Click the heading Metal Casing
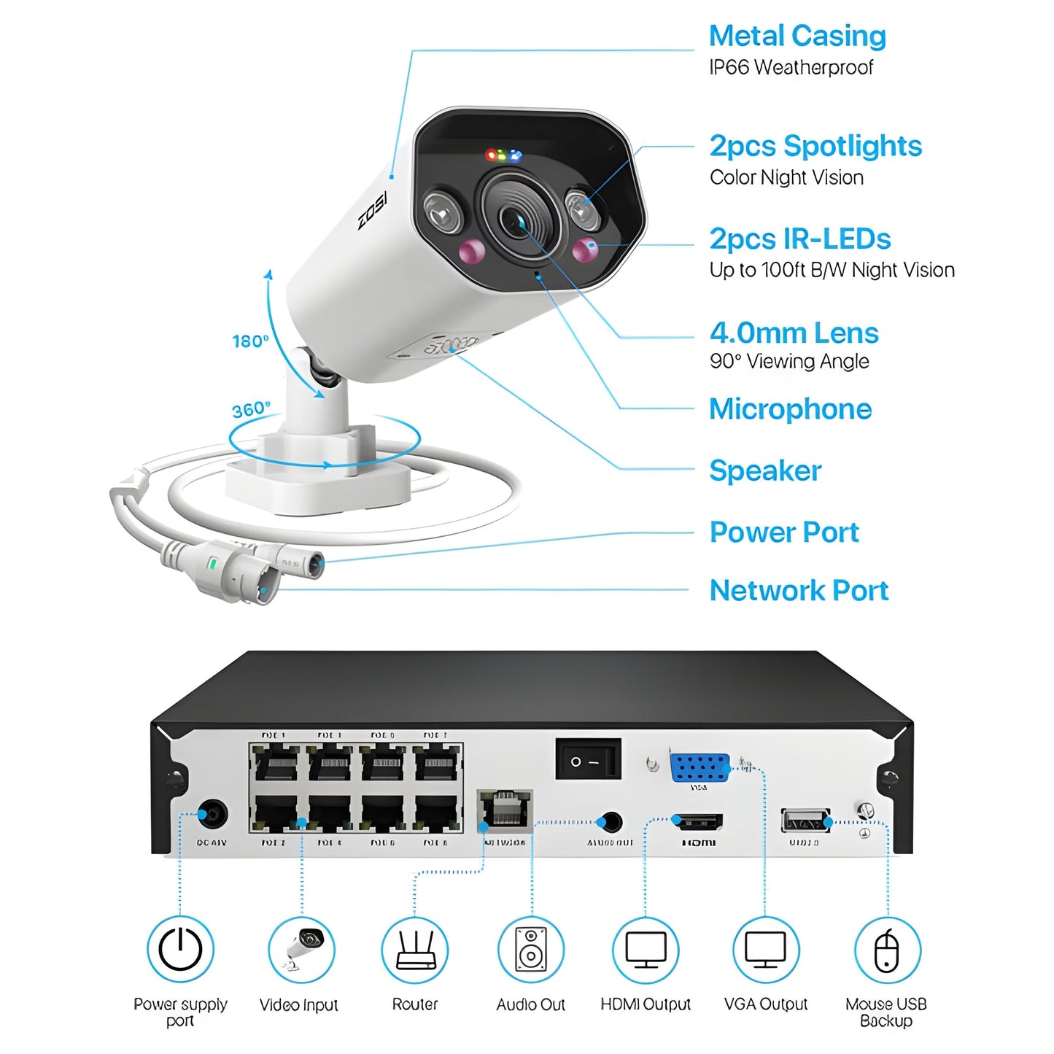797,36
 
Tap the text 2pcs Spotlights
815,146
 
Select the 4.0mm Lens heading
794,333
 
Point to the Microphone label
790,409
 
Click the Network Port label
799,590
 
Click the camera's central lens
515,217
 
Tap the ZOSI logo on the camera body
372,211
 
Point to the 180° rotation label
249,341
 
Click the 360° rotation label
250,409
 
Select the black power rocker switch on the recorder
588,761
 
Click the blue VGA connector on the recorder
700,767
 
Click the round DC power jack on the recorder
212,815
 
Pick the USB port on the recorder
805,821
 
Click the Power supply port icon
180,950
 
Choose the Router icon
415,950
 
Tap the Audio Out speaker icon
530,950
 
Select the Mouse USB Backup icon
887,950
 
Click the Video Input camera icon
301,950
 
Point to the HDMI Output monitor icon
646,950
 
